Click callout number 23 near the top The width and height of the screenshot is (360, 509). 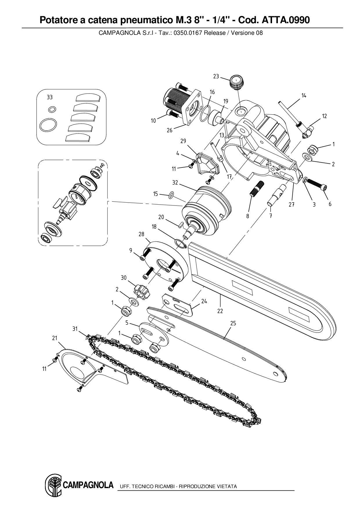tap(216, 76)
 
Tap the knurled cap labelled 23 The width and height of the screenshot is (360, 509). tap(236, 82)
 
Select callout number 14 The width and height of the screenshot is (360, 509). tap(304, 95)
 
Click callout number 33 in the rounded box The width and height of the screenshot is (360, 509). tap(50, 98)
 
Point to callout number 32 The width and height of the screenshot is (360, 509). tap(175, 183)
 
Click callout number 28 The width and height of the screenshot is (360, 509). tap(141, 234)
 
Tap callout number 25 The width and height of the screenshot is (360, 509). tap(233, 323)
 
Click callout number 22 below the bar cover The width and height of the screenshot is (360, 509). tap(220, 311)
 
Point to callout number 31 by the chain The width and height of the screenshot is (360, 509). tap(75, 328)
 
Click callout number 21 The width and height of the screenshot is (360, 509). tap(55, 338)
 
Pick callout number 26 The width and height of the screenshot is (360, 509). tap(170, 130)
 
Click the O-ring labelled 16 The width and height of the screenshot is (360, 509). tap(206, 113)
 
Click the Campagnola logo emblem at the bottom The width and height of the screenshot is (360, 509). tap(53, 484)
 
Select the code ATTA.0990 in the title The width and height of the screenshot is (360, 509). tap(286, 20)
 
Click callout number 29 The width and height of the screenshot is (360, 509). tap(183, 141)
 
